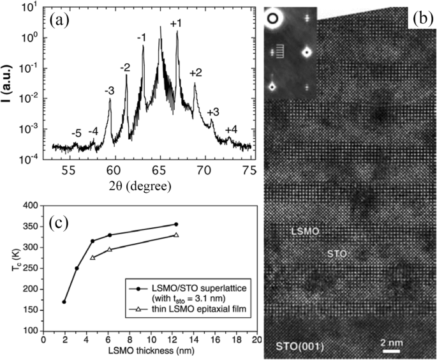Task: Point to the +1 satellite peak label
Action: pos(176,24)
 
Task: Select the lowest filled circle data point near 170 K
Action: pos(64,302)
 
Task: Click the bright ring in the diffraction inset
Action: pos(275,20)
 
